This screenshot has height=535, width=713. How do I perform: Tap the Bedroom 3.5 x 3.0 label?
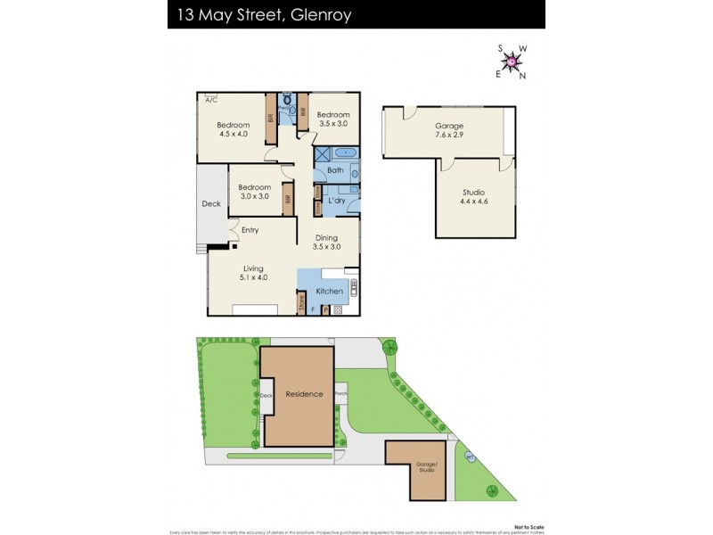click(x=332, y=119)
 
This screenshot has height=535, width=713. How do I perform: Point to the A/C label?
click(x=210, y=101)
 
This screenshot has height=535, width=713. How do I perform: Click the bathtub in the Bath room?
click(x=346, y=153)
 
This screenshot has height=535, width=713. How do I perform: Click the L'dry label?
click(x=337, y=201)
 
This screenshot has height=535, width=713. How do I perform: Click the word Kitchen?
click(x=330, y=292)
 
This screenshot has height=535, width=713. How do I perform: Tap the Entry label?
click(x=250, y=230)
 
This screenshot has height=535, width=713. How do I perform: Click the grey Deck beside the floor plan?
click(x=211, y=204)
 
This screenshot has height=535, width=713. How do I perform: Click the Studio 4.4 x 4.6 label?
click(x=474, y=195)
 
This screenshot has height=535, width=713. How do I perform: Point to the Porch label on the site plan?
click(x=340, y=392)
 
